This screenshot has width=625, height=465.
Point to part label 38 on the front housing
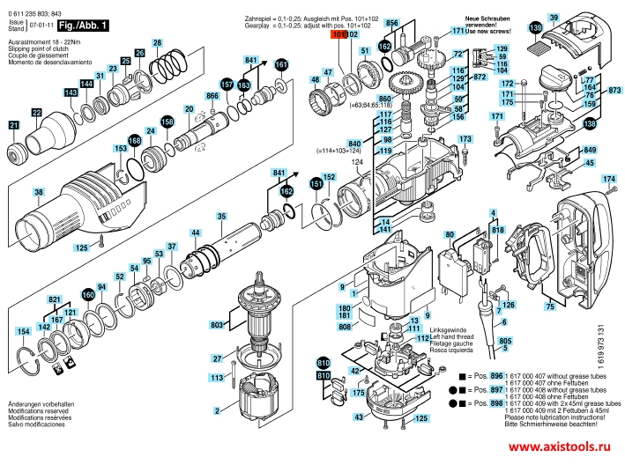click(39, 192)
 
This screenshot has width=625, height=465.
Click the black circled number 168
click(134, 140)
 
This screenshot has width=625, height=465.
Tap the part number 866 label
click(212, 95)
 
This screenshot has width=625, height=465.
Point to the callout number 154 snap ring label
click(24, 331)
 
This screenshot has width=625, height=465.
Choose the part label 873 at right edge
click(614, 90)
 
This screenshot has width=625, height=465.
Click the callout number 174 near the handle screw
click(607, 180)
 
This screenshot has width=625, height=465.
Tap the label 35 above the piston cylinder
click(221, 217)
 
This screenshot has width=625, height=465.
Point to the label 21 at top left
click(14, 126)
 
